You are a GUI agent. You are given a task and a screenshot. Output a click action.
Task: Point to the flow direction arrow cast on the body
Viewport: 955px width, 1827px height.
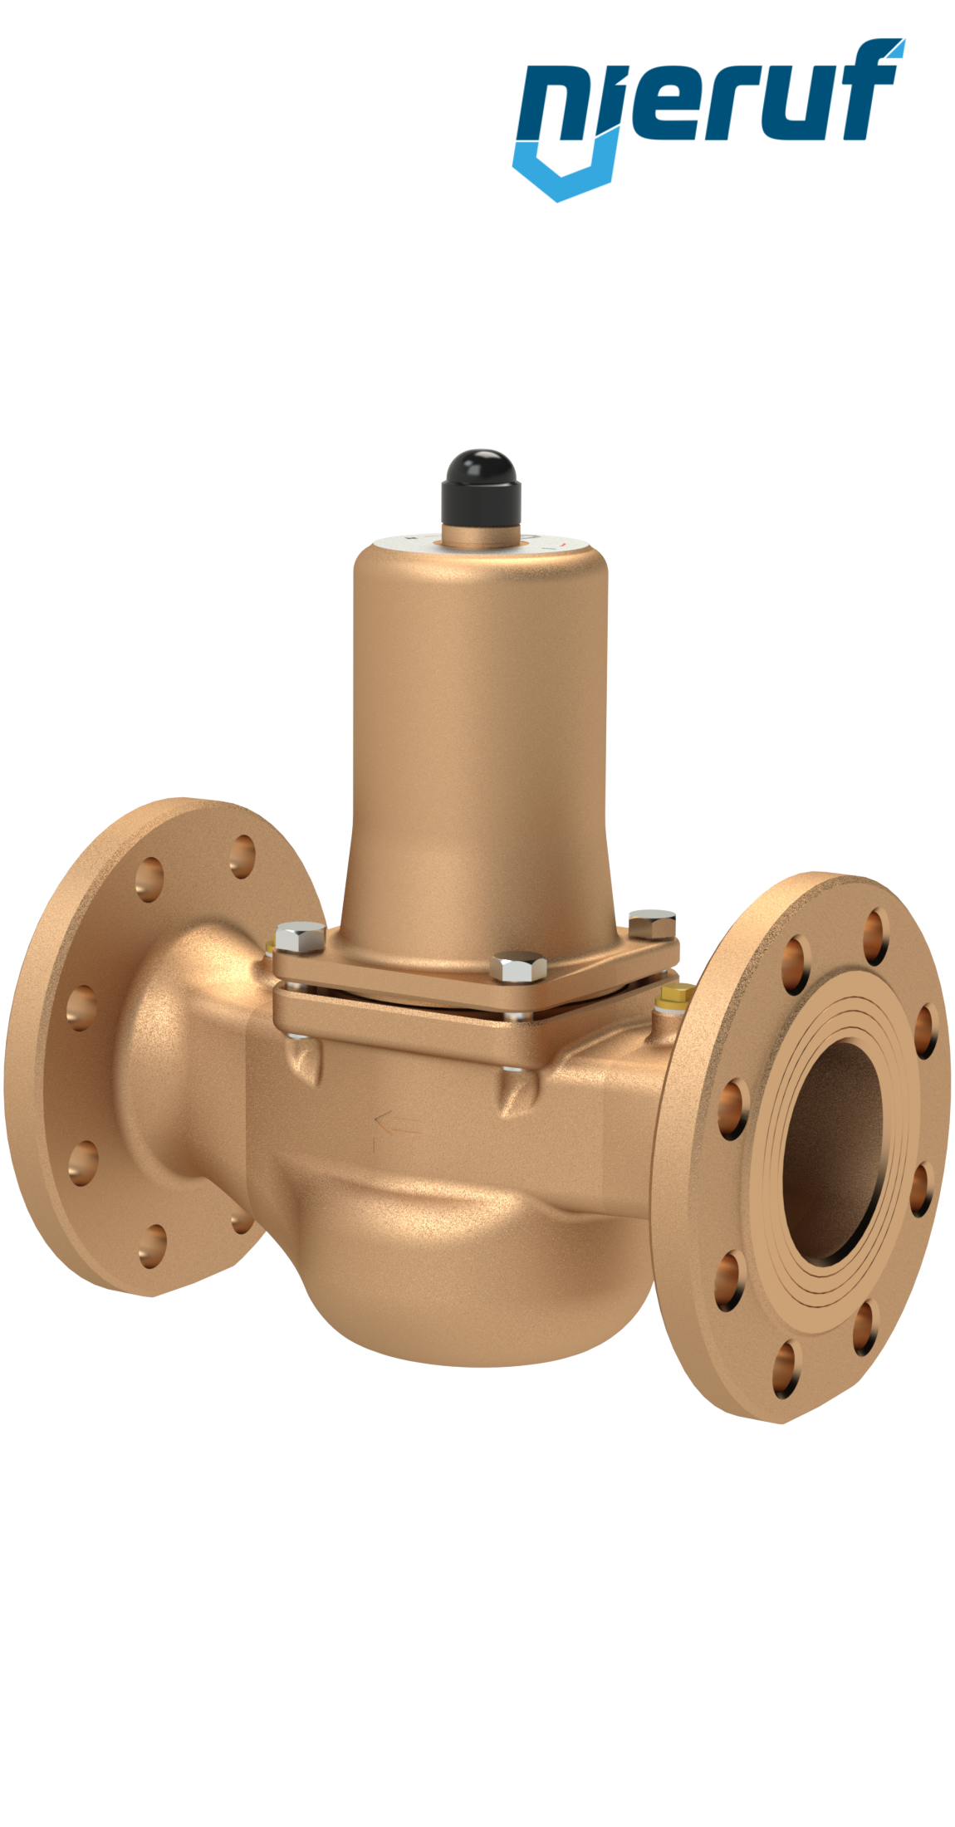pyautogui.click(x=397, y=1128)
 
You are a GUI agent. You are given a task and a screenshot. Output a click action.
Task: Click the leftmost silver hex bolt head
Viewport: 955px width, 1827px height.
pyautogui.click(x=299, y=937)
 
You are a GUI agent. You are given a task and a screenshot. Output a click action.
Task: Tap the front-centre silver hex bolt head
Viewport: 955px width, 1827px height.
pyautogui.click(x=518, y=967)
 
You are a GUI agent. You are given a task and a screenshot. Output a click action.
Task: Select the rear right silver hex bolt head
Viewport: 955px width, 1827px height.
pyautogui.click(x=652, y=924)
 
